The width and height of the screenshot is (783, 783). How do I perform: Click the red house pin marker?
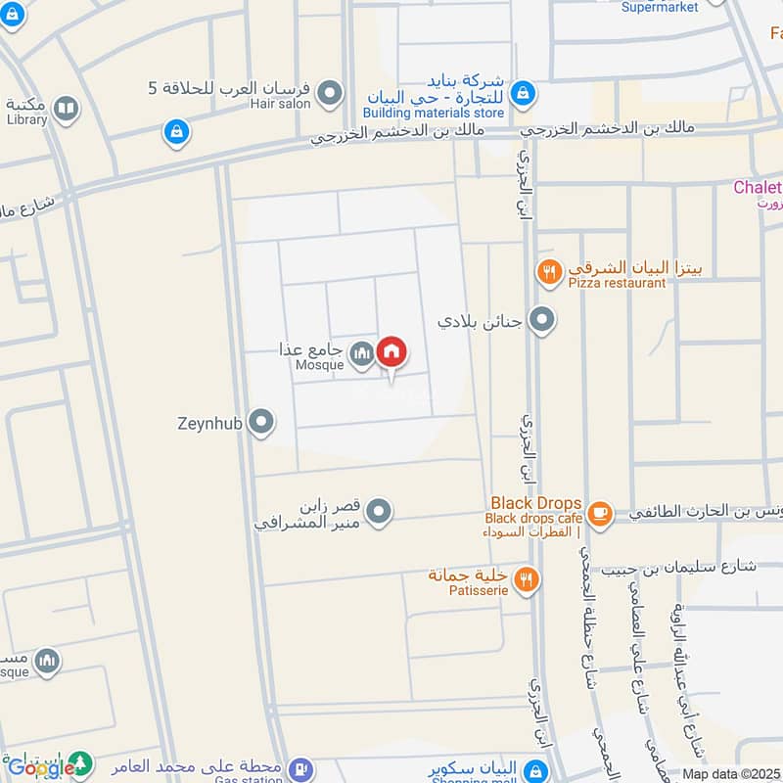coord(391,352)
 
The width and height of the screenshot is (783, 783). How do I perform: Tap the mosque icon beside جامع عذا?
coord(363,353)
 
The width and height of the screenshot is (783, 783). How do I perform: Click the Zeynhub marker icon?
coord(260,423)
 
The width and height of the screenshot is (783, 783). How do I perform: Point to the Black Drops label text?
coord(536,503)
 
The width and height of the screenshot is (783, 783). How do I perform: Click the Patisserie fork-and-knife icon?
coord(528,579)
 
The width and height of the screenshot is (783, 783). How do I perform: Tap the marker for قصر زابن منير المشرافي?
coord(380,511)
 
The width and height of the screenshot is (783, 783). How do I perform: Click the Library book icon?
coord(67,108)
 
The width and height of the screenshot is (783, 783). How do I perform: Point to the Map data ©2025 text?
coord(731,774)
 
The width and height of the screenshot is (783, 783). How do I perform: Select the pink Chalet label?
coord(758,188)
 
